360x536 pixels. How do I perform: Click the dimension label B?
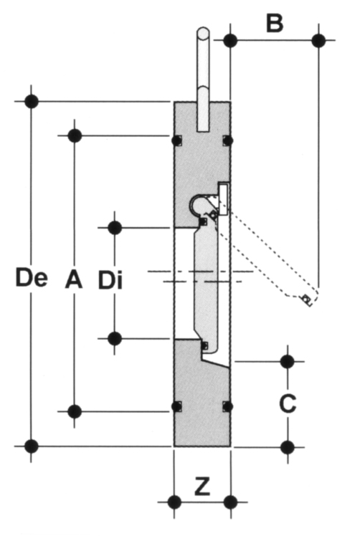[275, 24]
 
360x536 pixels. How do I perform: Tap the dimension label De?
[32, 277]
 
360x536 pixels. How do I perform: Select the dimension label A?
[74, 279]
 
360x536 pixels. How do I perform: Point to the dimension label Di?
[110, 280]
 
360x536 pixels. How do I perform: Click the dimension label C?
[288, 403]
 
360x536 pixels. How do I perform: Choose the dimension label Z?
[202, 487]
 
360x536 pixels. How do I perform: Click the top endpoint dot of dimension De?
[32, 102]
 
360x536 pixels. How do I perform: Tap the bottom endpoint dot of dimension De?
[32, 446]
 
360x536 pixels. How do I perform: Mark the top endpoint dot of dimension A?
[75, 135]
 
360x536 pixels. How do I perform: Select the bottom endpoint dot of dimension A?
[75, 411]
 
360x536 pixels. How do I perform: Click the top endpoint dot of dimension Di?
[115, 227]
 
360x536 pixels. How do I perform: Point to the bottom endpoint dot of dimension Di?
[115, 338]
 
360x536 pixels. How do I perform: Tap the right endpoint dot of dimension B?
[319, 40]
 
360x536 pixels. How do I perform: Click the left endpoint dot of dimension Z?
[174, 502]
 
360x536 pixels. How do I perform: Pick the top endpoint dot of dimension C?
[287, 361]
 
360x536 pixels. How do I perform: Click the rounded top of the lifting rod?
[203, 34]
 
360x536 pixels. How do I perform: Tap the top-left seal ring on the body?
[176, 140]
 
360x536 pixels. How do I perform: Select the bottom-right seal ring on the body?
[227, 406]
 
